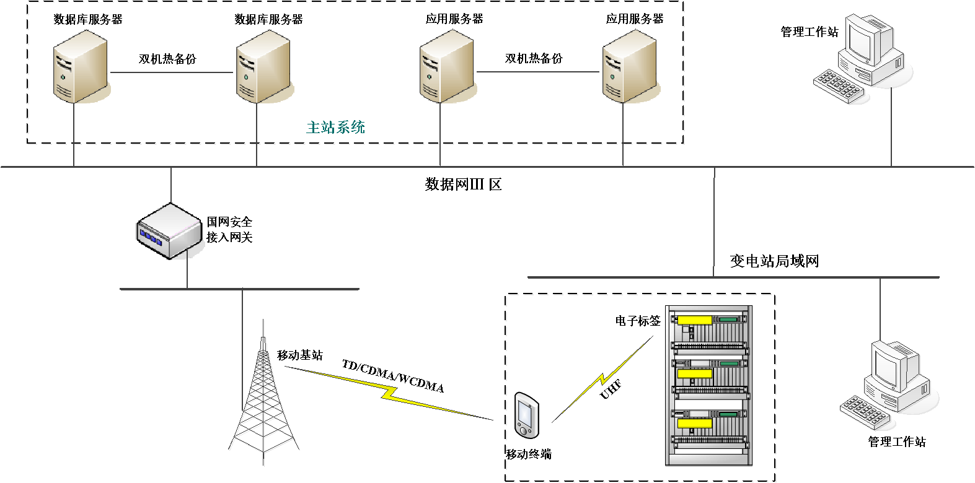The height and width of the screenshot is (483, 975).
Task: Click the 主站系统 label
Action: pyautogui.click(x=335, y=128)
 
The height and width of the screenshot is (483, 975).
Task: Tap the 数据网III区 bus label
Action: pyautogui.click(x=463, y=185)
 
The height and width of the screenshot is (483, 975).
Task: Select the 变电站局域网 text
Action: pyautogui.click(x=774, y=261)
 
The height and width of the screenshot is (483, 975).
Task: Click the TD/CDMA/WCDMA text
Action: pyautogui.click(x=393, y=376)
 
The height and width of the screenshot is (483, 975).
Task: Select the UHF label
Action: pyautogui.click(x=611, y=389)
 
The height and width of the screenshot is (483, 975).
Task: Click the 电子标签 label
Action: pyautogui.click(x=638, y=321)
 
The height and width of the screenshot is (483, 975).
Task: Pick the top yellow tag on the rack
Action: pyautogui.click(x=694, y=320)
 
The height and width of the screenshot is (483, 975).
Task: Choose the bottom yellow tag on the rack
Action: pyautogui.click(x=694, y=423)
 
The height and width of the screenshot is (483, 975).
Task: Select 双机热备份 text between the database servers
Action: pyautogui.click(x=167, y=59)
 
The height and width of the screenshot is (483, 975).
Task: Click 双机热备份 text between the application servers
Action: pyautogui.click(x=534, y=59)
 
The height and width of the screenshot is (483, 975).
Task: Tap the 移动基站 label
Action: pyautogui.click(x=300, y=355)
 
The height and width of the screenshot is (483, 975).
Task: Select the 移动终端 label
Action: pyautogui.click(x=529, y=455)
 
